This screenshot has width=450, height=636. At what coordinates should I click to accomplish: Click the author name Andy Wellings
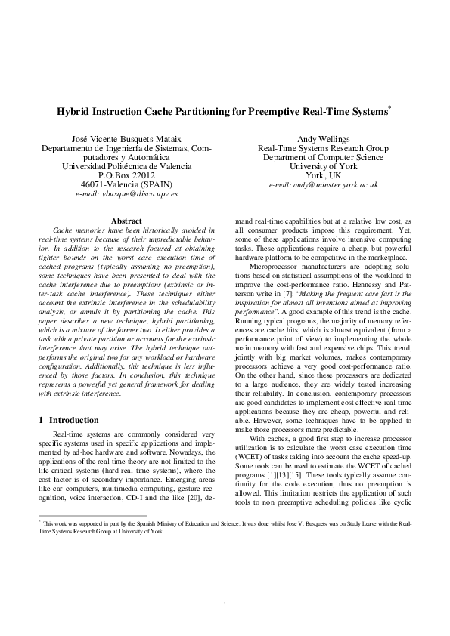pos(323,140)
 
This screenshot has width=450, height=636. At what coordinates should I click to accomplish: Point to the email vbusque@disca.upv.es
pos(126,195)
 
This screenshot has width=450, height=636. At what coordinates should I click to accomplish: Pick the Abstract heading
pos(126,220)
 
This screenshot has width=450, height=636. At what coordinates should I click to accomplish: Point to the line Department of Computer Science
pos(323,157)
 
